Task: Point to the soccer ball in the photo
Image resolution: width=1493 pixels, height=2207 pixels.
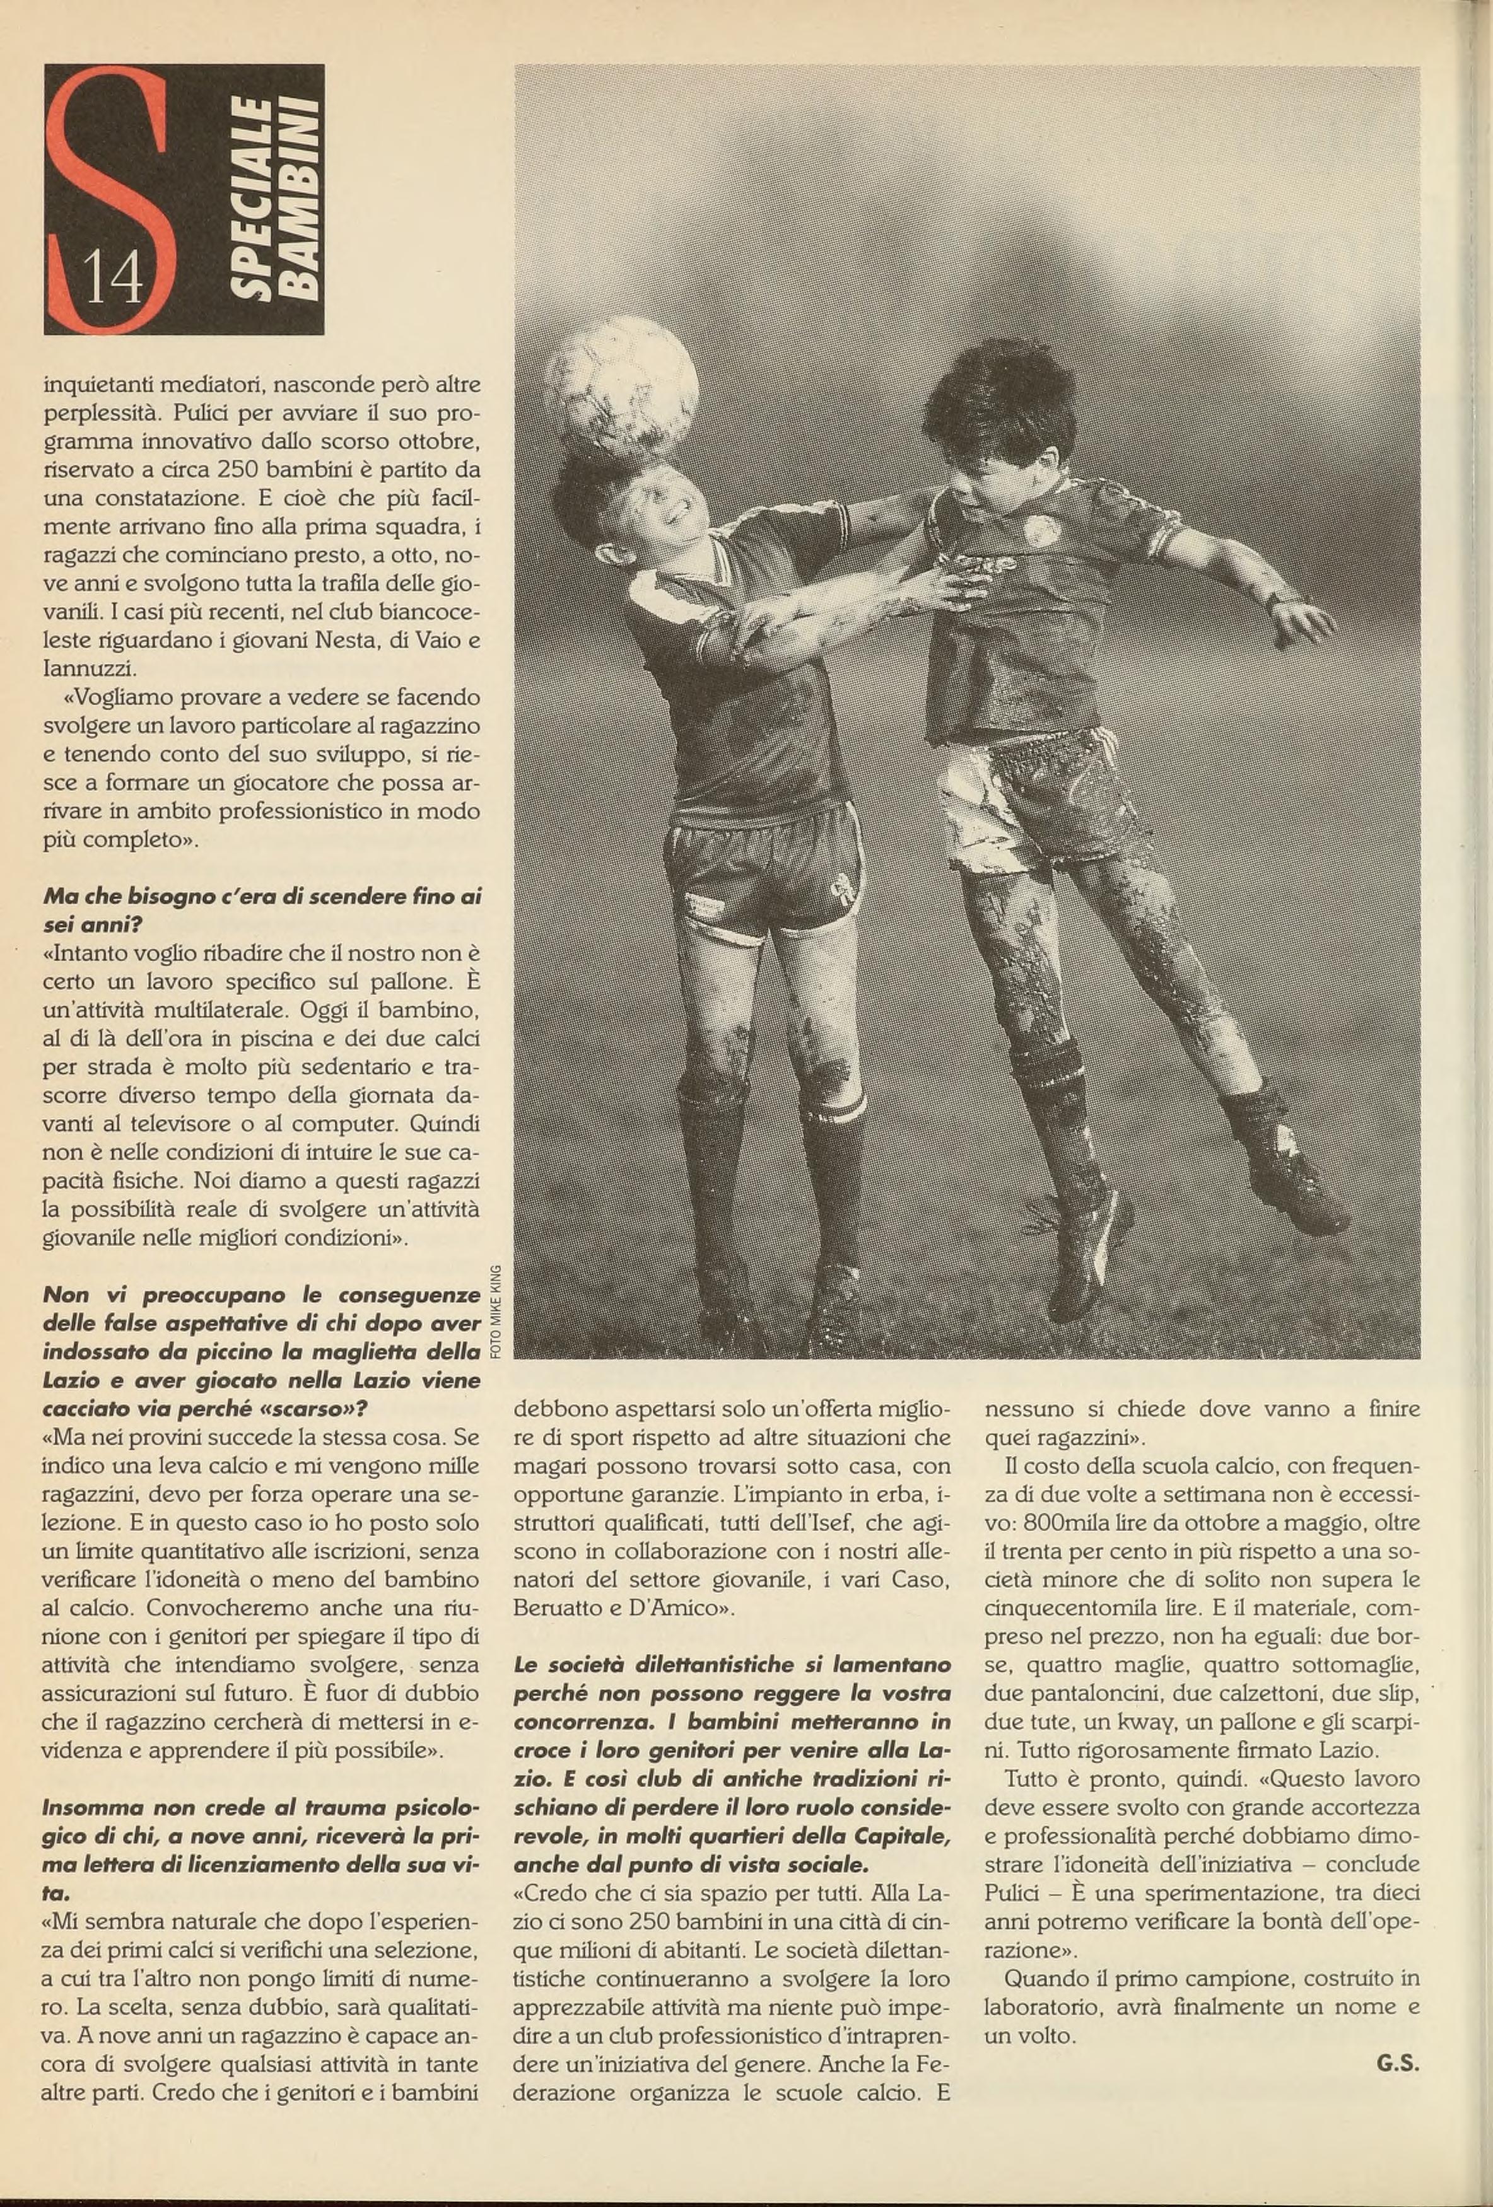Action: tap(621, 389)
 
